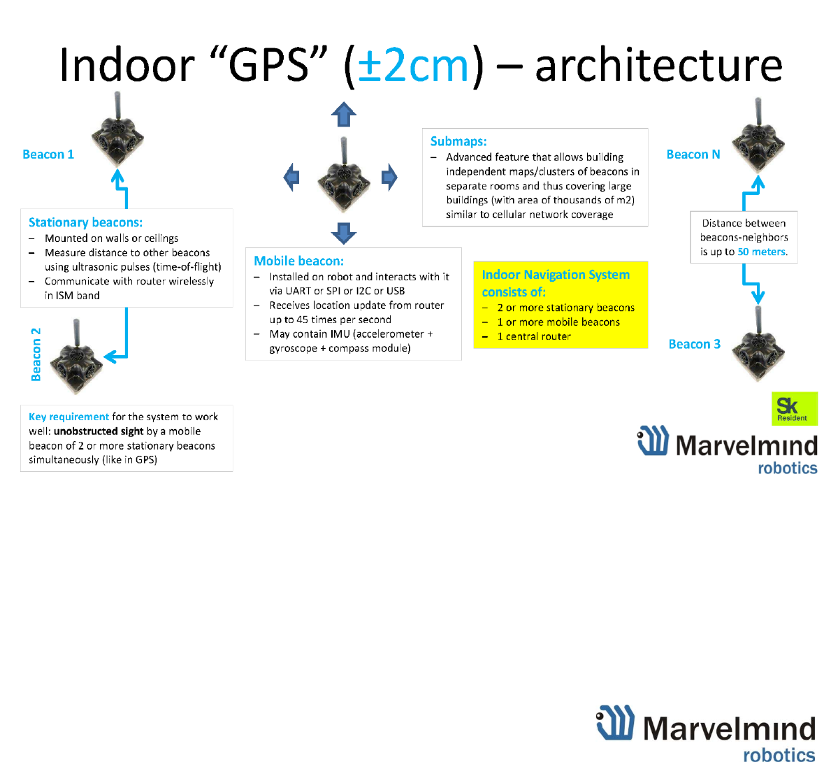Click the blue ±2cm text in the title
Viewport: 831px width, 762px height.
click(x=413, y=66)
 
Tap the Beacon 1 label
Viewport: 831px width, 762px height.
click(x=48, y=154)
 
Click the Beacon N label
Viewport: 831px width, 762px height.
click(x=693, y=154)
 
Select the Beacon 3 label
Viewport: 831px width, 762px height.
click(x=694, y=344)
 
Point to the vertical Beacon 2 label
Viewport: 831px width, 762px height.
click(x=36, y=354)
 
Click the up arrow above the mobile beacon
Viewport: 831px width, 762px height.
click(x=343, y=114)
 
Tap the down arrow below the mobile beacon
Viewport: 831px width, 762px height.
click(x=343, y=233)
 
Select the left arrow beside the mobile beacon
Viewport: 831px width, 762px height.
click(x=292, y=177)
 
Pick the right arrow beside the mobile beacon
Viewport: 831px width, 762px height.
click(x=389, y=177)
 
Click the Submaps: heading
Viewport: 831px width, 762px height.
click(x=458, y=141)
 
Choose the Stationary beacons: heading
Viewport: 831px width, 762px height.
click(x=85, y=222)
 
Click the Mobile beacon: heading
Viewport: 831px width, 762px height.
click(x=298, y=261)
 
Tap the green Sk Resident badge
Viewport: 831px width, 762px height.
click(x=794, y=408)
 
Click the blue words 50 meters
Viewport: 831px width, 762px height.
click(x=762, y=252)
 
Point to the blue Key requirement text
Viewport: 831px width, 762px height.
click(x=68, y=417)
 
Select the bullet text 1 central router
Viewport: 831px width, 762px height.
click(x=534, y=336)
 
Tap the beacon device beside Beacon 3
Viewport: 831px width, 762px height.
click(x=758, y=347)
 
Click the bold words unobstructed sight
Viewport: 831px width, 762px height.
click(x=99, y=431)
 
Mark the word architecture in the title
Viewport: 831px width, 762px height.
click(x=658, y=66)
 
